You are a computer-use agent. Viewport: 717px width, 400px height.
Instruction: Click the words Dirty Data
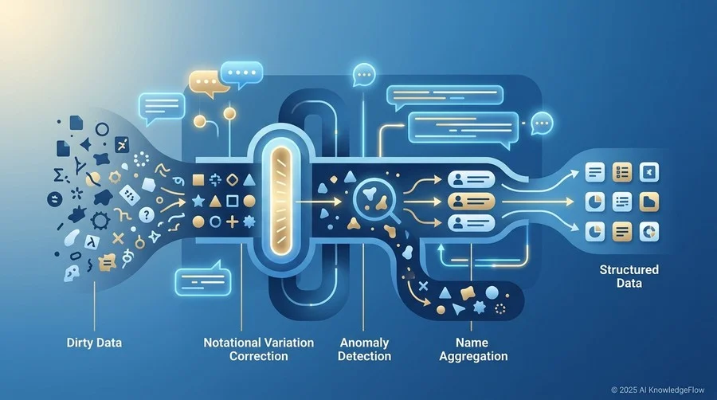94,343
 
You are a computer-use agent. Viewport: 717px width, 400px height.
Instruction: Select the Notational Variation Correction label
259,349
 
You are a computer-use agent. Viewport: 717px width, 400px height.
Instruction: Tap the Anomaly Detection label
364,349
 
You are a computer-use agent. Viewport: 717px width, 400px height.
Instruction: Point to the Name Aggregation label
473,349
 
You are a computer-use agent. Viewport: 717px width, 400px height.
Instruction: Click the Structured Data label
629,276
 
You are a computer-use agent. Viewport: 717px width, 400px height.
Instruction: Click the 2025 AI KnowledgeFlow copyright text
658,390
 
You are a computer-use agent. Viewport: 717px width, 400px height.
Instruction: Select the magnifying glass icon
373,200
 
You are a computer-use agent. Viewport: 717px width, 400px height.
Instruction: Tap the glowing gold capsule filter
280,200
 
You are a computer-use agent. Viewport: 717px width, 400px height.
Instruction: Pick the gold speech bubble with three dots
207,83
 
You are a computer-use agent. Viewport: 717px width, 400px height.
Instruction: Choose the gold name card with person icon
471,201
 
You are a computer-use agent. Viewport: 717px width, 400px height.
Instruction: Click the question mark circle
147,214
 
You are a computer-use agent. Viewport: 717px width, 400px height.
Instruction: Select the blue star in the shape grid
198,201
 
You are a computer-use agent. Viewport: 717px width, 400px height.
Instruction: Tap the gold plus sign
233,222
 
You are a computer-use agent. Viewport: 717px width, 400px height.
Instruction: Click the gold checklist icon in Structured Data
622,172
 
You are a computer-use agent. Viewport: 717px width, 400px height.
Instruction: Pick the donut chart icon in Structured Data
648,232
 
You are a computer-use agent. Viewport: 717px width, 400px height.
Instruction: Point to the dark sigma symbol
58,175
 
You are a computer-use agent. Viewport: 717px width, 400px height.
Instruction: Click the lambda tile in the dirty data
92,241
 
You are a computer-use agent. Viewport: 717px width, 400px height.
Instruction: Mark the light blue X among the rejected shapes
424,286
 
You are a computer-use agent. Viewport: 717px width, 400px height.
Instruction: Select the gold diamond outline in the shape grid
233,179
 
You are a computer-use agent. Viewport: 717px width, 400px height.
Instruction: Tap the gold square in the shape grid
198,179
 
